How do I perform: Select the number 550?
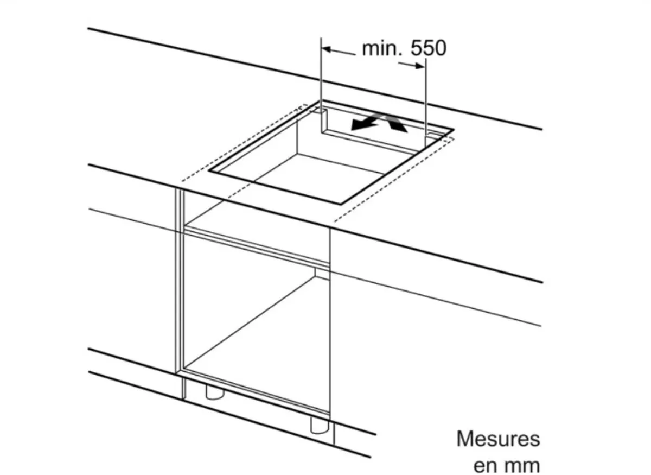tap(429, 48)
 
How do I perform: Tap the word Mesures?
tap(498, 439)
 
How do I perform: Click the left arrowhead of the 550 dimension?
tap(327, 50)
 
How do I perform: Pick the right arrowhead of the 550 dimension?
tap(419, 66)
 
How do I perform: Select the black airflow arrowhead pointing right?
tap(398, 125)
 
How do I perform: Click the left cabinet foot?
tap(215, 392)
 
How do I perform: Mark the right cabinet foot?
tap(320, 426)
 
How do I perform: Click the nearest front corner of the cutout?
tap(340, 204)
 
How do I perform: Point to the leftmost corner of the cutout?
tap(210, 171)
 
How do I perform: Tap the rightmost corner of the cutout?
tap(454, 130)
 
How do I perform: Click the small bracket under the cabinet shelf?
tap(322, 274)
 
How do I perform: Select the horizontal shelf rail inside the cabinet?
tap(257, 247)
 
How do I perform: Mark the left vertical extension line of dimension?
tap(321, 75)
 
